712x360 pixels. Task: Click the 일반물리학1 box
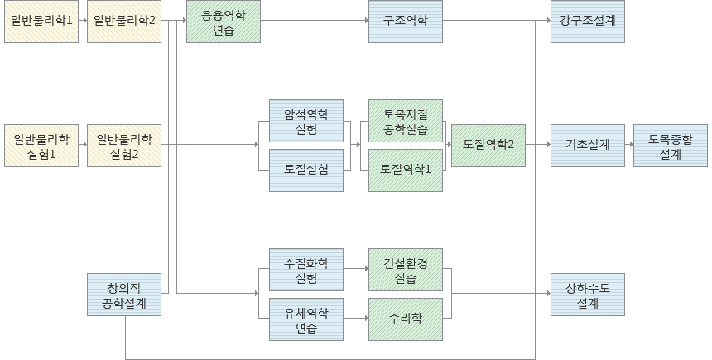(x=41, y=21)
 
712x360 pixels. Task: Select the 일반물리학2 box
(x=124, y=21)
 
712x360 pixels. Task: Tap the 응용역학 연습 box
(x=224, y=21)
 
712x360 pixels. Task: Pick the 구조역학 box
(x=406, y=21)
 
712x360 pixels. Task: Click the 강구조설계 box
(x=588, y=21)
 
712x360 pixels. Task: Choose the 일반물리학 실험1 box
(x=41, y=146)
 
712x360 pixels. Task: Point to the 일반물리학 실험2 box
(x=124, y=146)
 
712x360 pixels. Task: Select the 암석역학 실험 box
(x=306, y=121)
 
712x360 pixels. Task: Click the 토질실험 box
(x=306, y=170)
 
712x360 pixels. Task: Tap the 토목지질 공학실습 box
(x=406, y=121)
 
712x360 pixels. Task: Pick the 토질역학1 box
(x=406, y=170)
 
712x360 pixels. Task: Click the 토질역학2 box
(x=488, y=146)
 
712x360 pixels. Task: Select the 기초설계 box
(x=588, y=146)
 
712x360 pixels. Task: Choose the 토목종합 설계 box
(x=671, y=146)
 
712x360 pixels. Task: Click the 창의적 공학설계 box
(x=124, y=295)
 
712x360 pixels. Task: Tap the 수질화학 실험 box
(x=306, y=270)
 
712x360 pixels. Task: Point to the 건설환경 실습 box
(x=406, y=270)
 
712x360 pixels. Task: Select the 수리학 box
(x=406, y=319)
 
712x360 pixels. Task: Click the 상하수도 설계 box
(x=588, y=295)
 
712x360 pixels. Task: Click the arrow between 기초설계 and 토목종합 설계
(x=629, y=146)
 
